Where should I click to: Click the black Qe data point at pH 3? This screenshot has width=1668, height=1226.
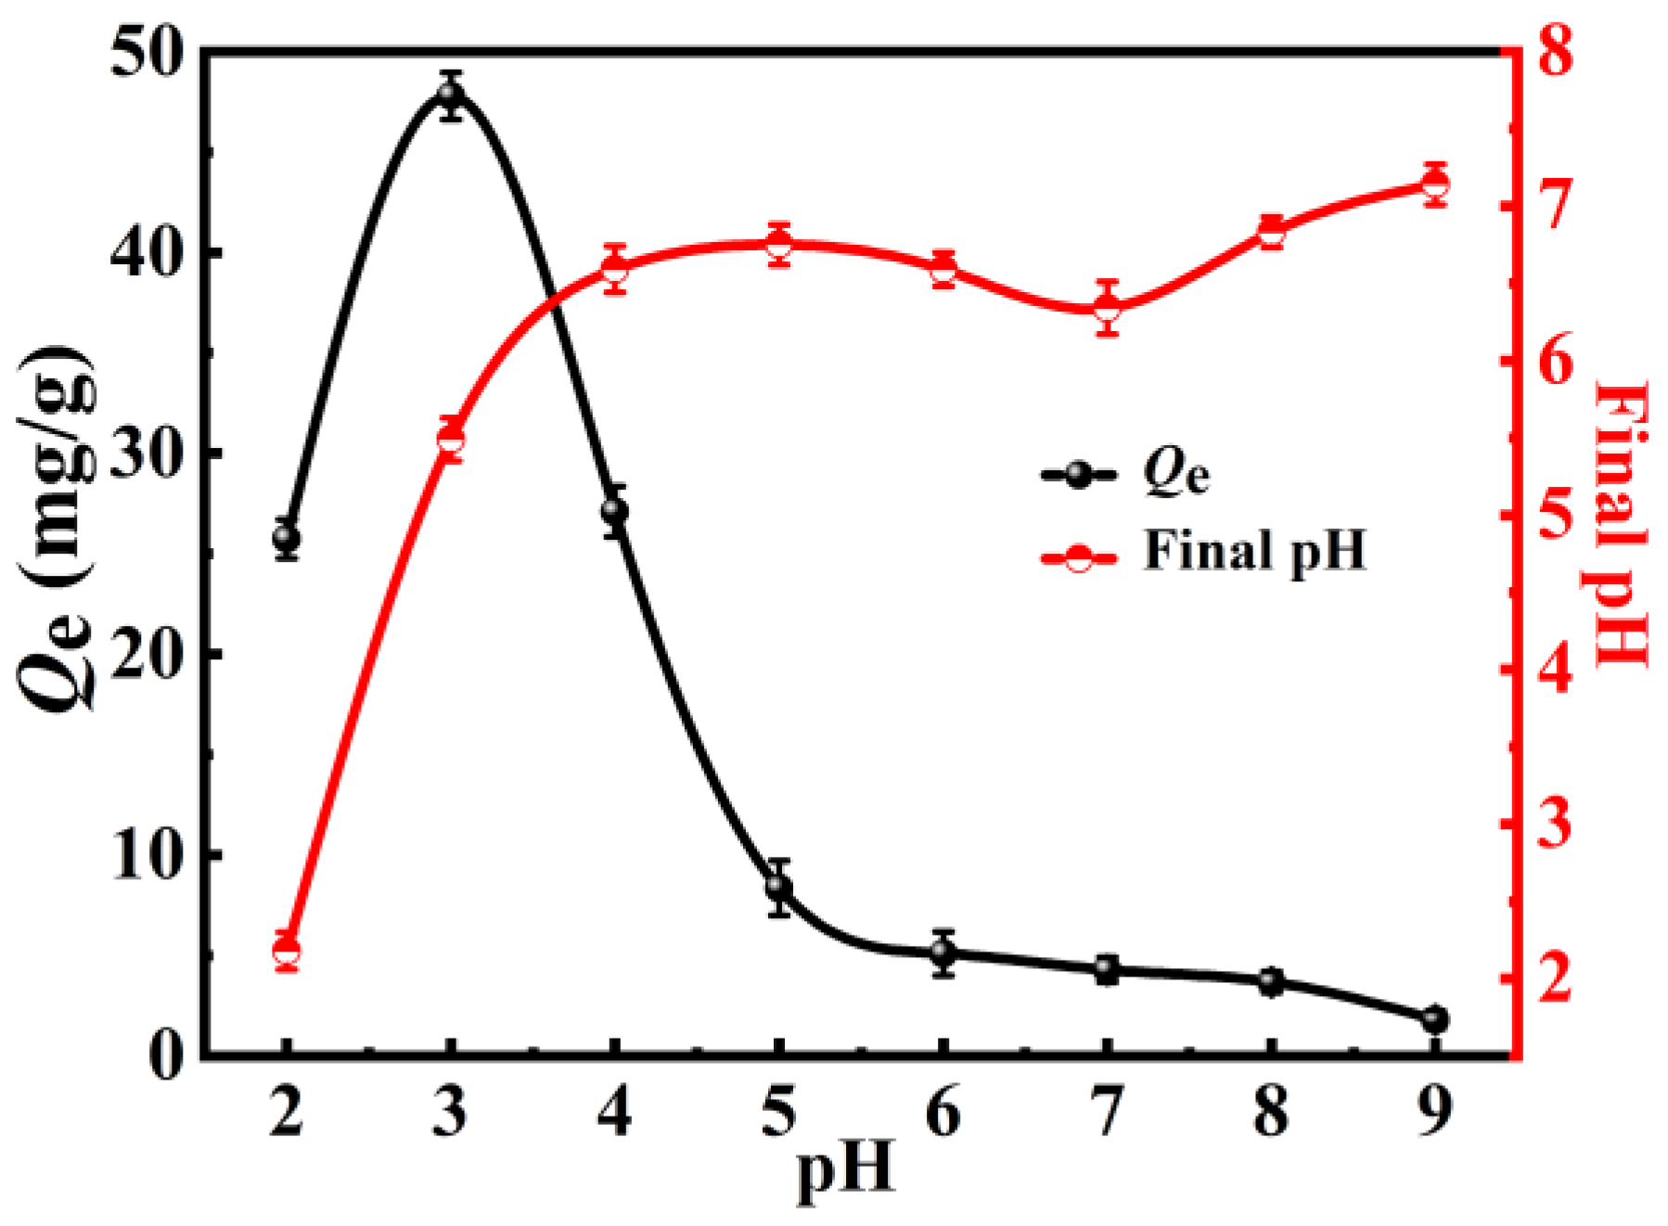point(451,95)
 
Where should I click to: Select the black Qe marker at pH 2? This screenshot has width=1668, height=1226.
point(287,538)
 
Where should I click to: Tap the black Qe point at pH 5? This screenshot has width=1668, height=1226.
point(779,887)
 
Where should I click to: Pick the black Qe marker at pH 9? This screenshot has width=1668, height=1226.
point(1435,1020)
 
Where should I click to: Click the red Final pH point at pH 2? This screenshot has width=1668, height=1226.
point(287,952)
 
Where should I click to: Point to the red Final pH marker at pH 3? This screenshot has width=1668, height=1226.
point(451,442)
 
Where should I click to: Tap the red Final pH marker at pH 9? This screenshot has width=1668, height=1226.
point(1435,185)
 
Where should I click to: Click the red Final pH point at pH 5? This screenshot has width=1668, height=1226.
point(779,246)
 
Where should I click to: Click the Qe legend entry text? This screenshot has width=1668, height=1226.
point(1176,474)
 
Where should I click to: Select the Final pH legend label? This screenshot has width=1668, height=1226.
point(1254,551)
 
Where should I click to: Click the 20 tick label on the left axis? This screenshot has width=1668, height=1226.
point(147,655)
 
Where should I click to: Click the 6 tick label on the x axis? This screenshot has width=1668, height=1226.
point(943,1112)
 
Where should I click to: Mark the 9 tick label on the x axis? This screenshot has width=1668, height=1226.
point(1435,1112)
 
